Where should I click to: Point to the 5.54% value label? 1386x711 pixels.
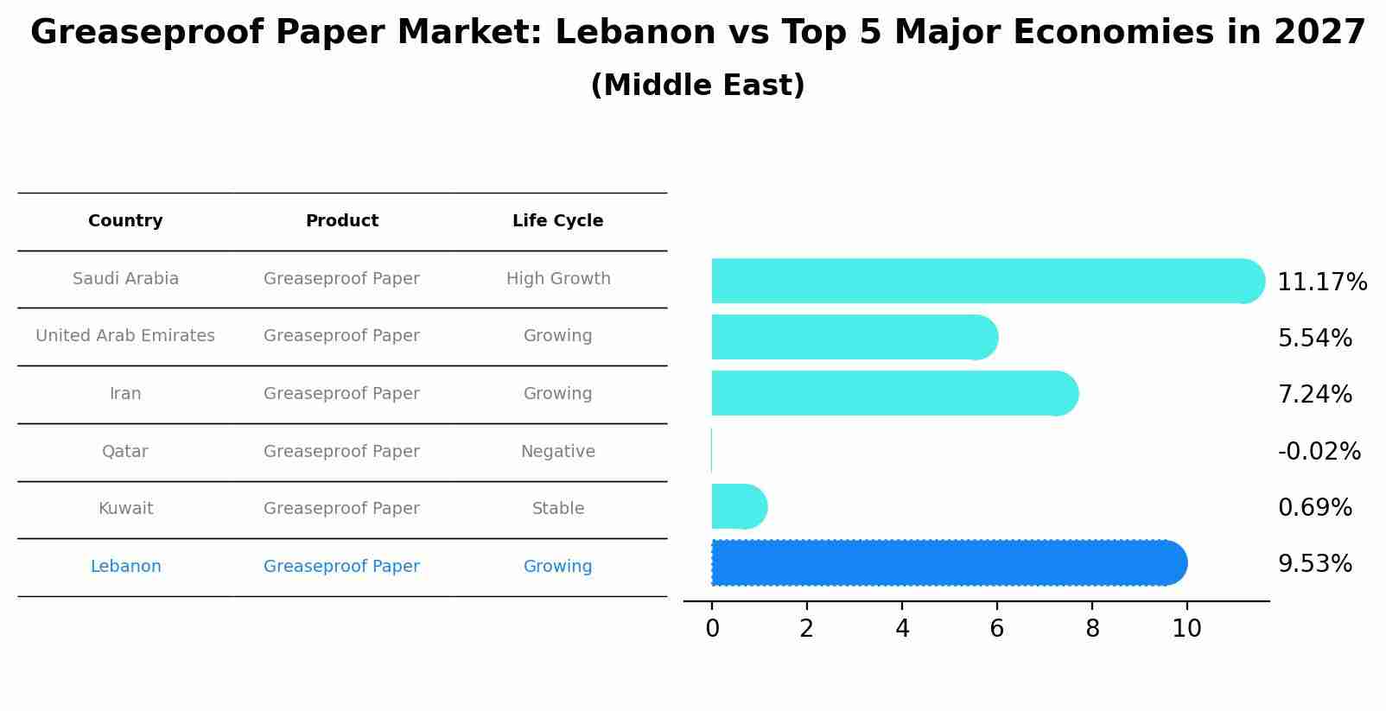click(x=1314, y=338)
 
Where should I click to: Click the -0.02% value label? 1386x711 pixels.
click(x=1319, y=451)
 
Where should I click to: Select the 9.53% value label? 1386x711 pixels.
click(x=1314, y=564)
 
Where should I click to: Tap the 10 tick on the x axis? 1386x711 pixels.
click(x=1186, y=629)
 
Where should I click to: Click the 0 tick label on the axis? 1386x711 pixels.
click(x=712, y=629)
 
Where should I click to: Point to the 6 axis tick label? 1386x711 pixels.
click(x=996, y=629)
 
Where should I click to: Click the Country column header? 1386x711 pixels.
click(x=125, y=221)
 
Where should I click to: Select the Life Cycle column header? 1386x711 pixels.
click(x=557, y=221)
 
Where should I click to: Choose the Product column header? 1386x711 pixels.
click(x=341, y=221)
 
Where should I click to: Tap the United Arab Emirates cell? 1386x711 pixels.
click(x=125, y=336)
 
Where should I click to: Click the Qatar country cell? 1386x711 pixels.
click(x=125, y=452)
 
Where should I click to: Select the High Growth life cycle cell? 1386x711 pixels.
click(x=557, y=279)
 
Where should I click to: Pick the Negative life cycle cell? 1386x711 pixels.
click(x=557, y=452)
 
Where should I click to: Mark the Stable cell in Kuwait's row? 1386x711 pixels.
click(x=557, y=509)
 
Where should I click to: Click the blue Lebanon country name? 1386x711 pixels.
click(x=125, y=567)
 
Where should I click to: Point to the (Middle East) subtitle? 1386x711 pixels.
click(x=697, y=86)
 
